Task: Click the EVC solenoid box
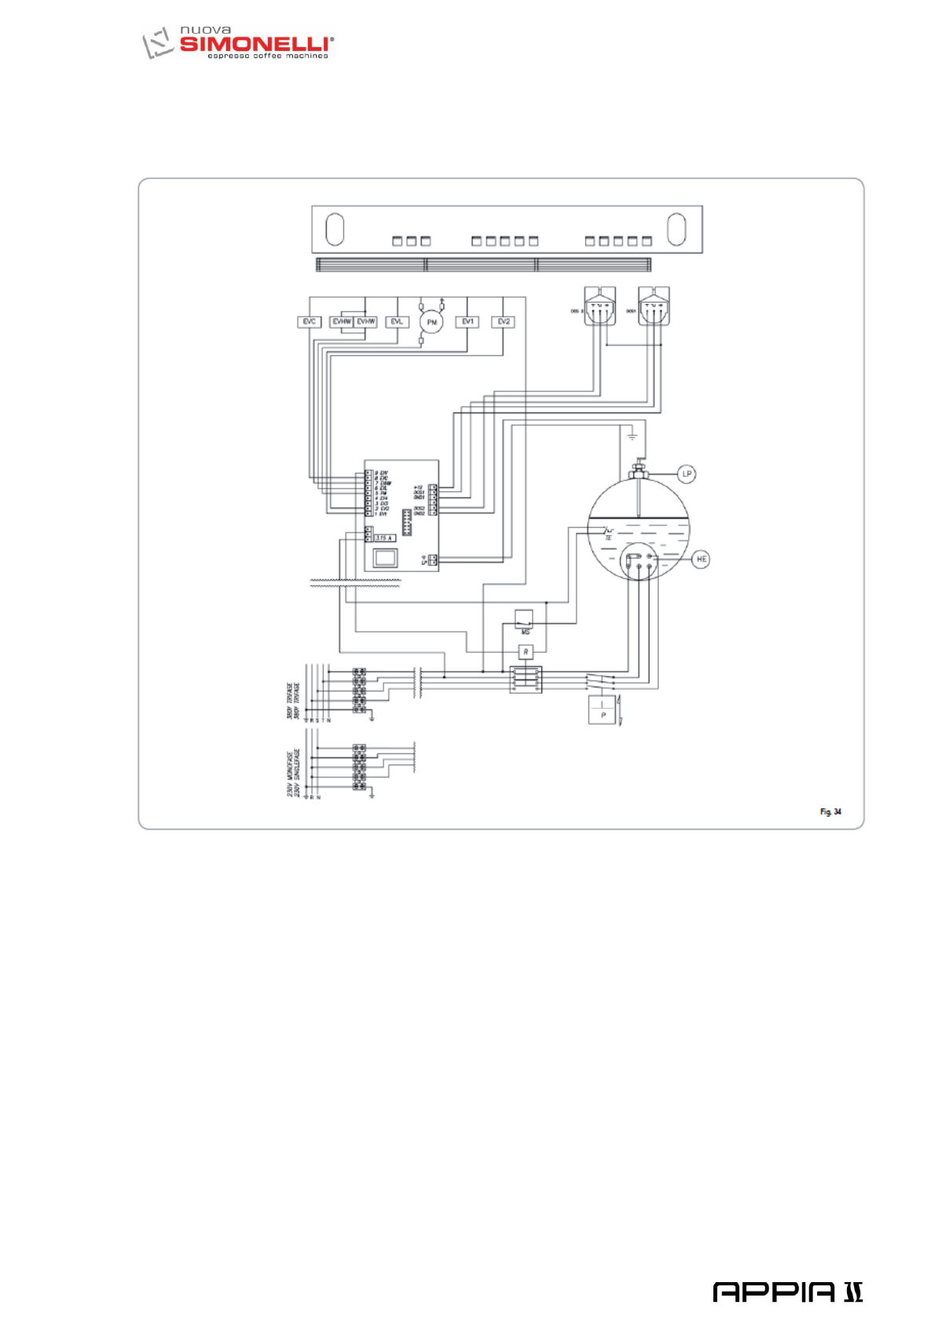click(x=309, y=322)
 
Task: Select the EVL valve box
click(x=397, y=322)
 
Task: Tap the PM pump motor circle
click(x=431, y=322)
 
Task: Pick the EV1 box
click(x=467, y=322)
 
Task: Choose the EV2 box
click(x=504, y=322)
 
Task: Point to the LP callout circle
click(x=687, y=474)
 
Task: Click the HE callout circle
click(x=701, y=559)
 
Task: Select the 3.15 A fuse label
click(x=384, y=537)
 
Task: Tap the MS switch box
click(x=524, y=619)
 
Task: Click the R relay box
click(x=526, y=652)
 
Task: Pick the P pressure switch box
click(x=602, y=710)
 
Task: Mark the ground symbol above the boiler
click(x=632, y=435)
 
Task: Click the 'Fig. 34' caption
click(x=830, y=812)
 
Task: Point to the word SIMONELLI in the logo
click(x=255, y=44)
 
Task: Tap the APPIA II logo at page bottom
click(x=787, y=1291)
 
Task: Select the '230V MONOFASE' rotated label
click(x=290, y=773)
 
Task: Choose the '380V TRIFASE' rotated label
click(x=290, y=701)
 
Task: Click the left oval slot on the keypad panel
click(x=335, y=229)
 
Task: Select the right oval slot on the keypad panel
click(x=676, y=229)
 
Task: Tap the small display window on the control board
click(x=385, y=558)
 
